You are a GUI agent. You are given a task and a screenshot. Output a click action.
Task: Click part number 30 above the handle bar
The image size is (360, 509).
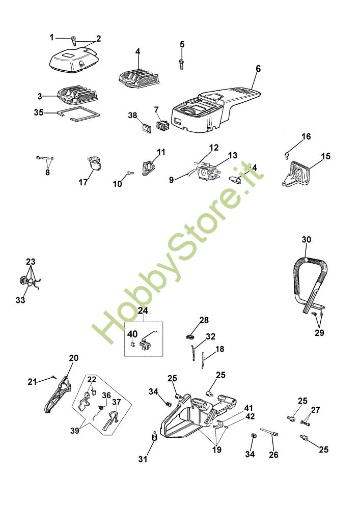pyautogui.click(x=306, y=240)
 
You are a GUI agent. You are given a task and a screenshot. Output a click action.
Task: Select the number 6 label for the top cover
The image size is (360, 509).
pyautogui.click(x=258, y=69)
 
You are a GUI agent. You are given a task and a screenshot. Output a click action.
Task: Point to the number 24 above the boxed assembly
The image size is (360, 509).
pyautogui.click(x=143, y=310)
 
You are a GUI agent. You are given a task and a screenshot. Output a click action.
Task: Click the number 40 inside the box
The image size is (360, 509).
pyautogui.click(x=132, y=334)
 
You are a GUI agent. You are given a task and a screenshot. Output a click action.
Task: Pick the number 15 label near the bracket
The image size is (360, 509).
pyautogui.click(x=325, y=155)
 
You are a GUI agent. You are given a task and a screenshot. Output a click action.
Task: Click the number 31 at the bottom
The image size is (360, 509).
pyautogui.click(x=143, y=459)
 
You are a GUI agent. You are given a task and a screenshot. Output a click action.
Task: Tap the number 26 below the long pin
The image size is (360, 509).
pyautogui.click(x=273, y=455)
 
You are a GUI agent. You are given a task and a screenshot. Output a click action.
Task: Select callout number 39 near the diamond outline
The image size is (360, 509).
pyautogui.click(x=75, y=431)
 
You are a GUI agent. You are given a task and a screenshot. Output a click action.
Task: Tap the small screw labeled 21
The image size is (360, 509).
pyautogui.click(x=53, y=377)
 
